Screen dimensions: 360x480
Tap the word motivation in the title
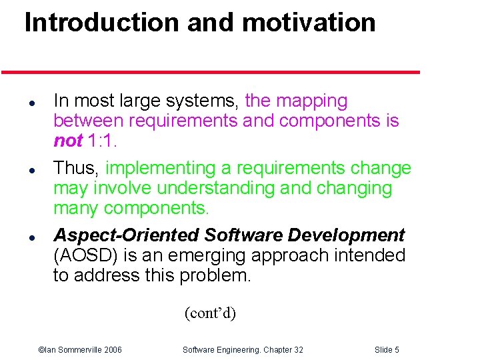309,23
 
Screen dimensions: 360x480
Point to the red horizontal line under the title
210,72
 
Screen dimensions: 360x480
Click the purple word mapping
311,101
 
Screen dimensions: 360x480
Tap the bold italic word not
68,141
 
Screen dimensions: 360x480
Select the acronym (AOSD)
83,255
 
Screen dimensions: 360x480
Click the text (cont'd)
210,313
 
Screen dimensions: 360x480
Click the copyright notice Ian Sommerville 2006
80,350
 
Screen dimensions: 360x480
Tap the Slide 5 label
387,350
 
